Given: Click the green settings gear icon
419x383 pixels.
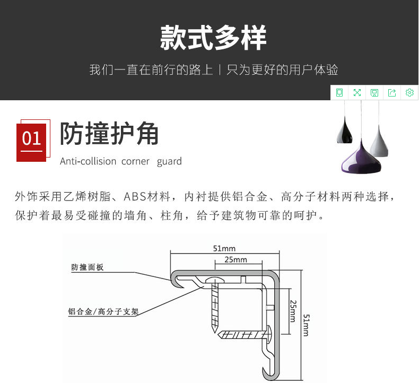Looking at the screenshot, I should tap(409, 93).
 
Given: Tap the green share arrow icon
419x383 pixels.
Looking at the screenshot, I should tap(392, 93).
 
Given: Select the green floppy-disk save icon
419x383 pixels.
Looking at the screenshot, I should tap(374, 93).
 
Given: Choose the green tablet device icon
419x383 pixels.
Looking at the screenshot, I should tap(339, 93).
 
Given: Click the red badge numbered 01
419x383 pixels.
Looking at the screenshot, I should tap(31, 139).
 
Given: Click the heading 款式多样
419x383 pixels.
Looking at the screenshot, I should tap(213, 38).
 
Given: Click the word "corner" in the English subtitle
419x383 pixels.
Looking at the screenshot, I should tap(136, 161).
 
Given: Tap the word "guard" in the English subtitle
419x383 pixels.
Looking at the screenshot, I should tap(169, 161).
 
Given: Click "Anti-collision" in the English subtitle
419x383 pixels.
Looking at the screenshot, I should tap(88, 161).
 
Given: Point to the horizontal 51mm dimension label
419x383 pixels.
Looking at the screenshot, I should tap(224, 248).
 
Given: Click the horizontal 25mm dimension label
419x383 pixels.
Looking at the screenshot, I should tap(236, 259).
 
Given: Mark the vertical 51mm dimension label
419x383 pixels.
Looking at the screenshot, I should tap(306, 325).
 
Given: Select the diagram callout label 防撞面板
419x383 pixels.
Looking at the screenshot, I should tap(88, 268).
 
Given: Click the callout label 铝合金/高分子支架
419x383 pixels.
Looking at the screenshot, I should tap(103, 311).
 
